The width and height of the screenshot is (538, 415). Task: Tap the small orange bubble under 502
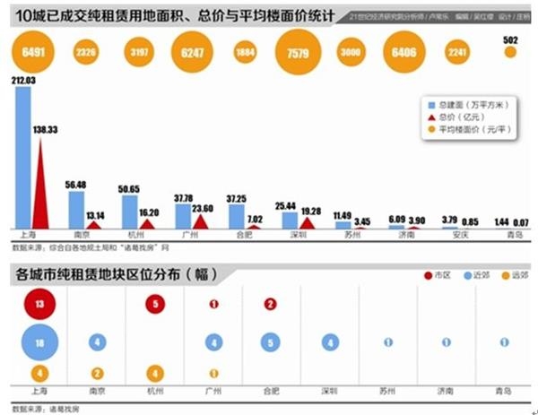510,53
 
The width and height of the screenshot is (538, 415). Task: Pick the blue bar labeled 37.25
237,216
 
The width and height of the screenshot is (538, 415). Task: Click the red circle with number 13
39,305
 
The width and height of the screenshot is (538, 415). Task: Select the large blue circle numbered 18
39,342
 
